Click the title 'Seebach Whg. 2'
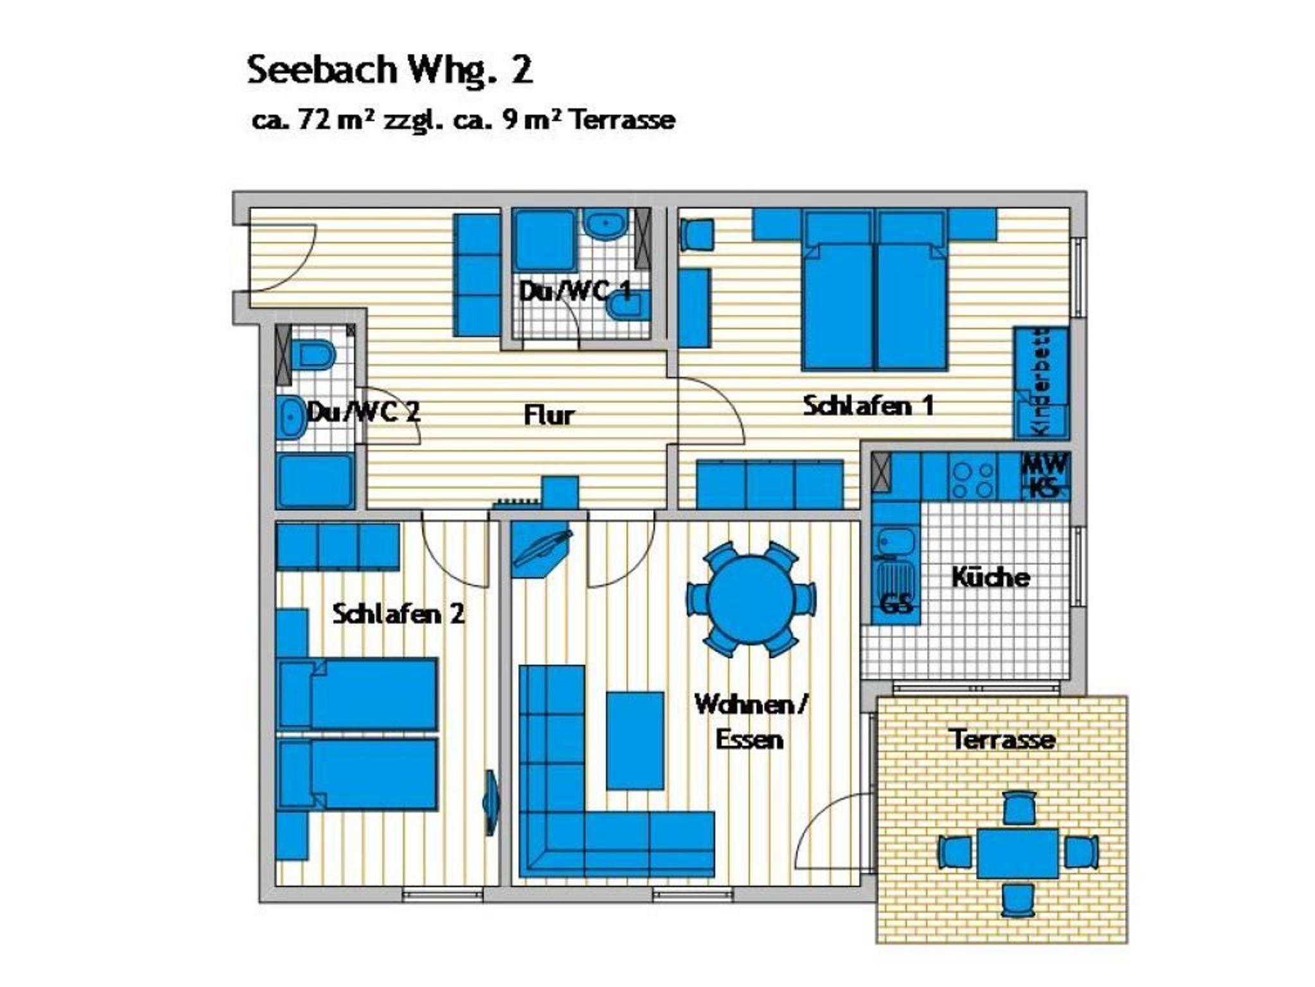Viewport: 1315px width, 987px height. tap(390, 71)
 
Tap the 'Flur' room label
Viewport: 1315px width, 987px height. tap(549, 415)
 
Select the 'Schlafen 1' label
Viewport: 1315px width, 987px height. tap(868, 406)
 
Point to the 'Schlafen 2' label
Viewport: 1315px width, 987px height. tap(398, 614)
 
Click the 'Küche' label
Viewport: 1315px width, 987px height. tap(990, 577)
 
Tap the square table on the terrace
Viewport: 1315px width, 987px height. tap(1018, 854)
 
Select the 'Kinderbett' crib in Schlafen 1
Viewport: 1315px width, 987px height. tap(1041, 383)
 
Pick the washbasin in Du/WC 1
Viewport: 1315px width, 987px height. tap(605, 225)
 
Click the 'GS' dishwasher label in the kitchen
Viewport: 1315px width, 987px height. tap(896, 604)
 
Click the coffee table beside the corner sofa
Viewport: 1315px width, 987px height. tap(635, 741)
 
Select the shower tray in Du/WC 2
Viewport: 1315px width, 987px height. tap(315, 481)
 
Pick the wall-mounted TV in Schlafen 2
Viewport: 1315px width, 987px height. tap(491, 802)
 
